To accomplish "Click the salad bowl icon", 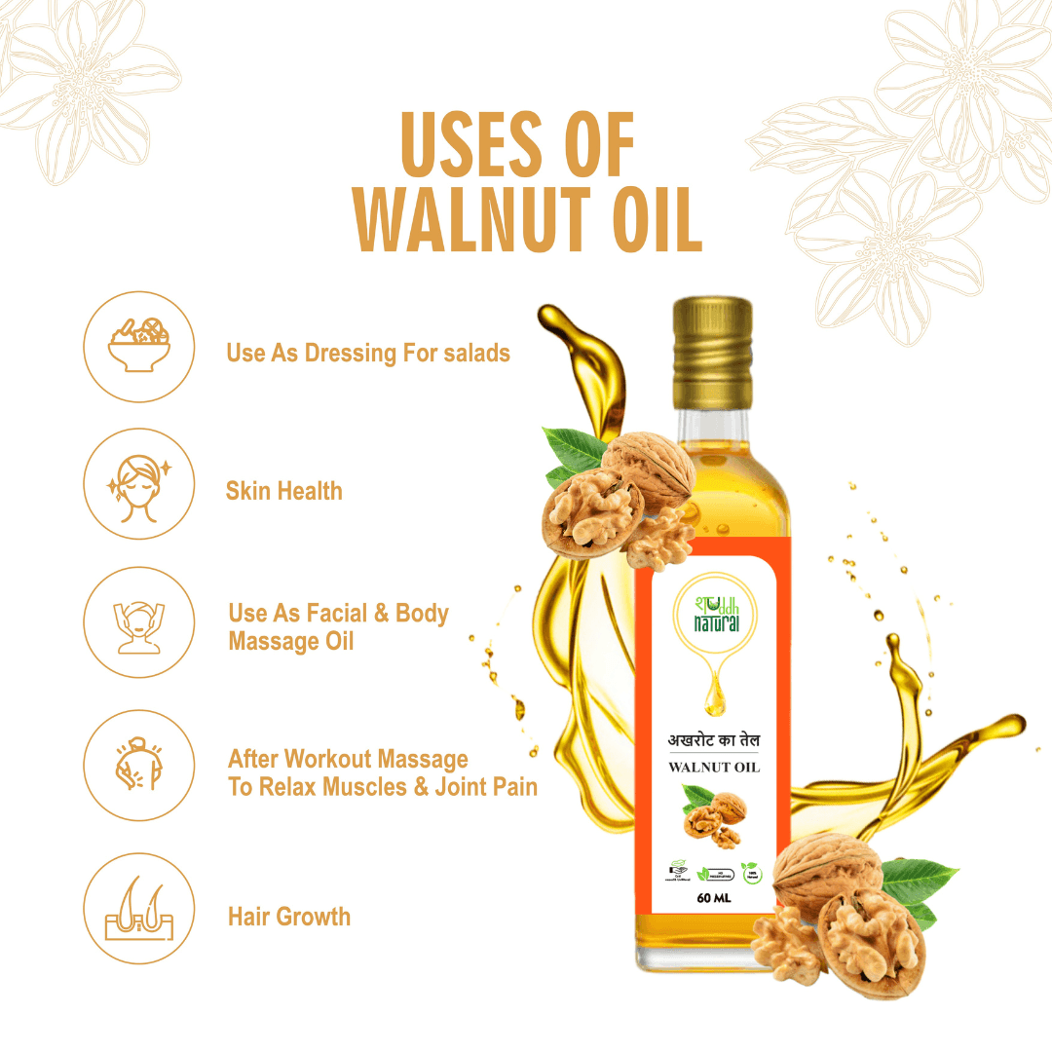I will point(139,347).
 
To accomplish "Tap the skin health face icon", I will point(139,485).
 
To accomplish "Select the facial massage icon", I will point(139,623).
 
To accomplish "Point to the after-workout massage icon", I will point(139,766).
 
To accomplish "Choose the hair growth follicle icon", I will point(139,909).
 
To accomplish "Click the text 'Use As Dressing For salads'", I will point(368,353).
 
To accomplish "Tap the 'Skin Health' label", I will point(283,490).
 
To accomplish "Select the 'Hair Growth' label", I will point(289,917).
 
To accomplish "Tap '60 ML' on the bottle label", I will point(715,898).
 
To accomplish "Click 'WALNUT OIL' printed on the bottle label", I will point(714,768).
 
